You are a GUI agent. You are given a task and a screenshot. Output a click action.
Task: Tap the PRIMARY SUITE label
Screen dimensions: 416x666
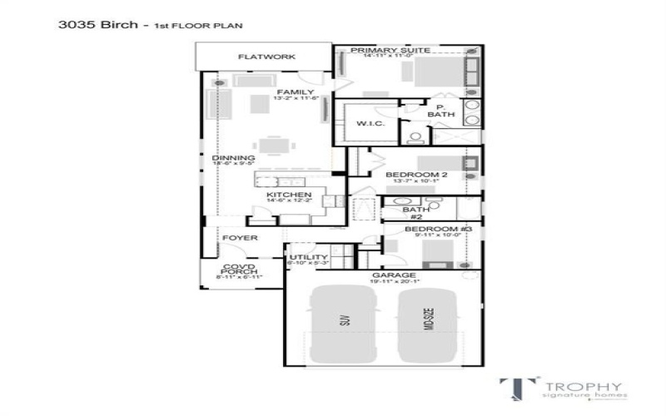click(390, 51)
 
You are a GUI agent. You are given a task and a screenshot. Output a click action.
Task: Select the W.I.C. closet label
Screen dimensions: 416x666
click(370, 124)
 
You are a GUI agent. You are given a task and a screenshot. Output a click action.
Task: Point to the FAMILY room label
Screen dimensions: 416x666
click(296, 92)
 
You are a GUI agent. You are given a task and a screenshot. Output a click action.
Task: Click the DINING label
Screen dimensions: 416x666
click(228, 158)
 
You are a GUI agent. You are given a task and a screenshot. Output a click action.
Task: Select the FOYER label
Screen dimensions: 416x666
click(240, 238)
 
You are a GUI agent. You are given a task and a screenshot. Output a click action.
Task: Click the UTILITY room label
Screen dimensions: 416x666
click(302, 258)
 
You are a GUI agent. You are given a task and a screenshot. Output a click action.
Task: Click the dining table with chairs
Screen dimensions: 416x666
click(277, 146)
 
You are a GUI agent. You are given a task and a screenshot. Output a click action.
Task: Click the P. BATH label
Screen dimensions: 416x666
click(435, 111)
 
